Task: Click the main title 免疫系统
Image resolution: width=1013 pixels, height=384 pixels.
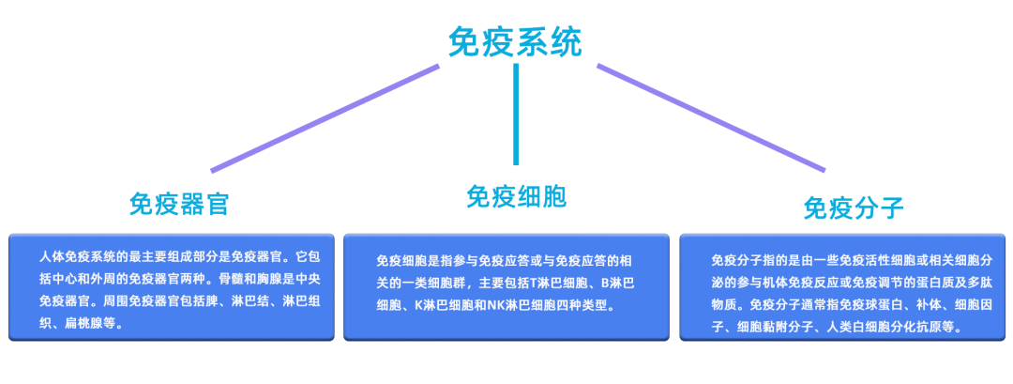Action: [515, 40]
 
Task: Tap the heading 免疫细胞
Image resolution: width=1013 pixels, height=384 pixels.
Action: [516, 196]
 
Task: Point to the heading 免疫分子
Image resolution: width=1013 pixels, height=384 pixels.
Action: [853, 207]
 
